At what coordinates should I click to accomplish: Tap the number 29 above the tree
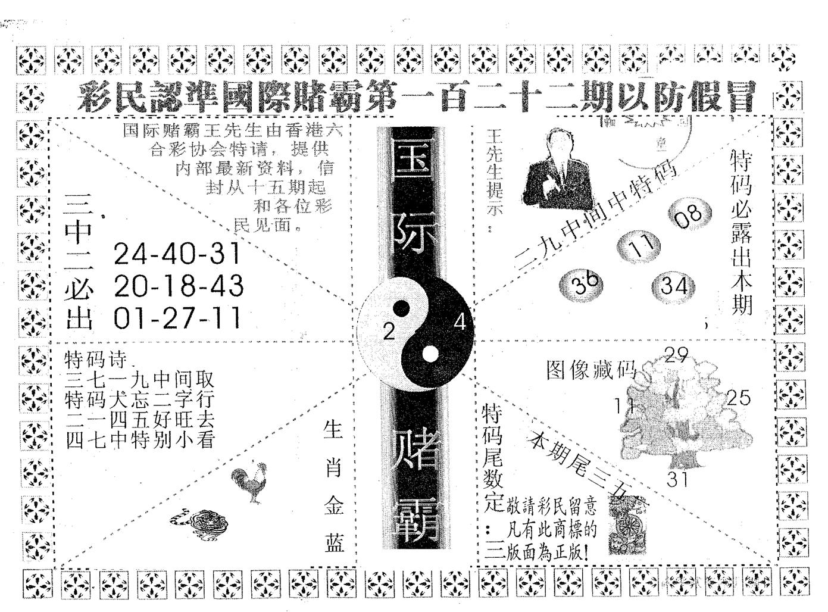pyautogui.click(x=676, y=355)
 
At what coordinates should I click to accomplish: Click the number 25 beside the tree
pyautogui.click(x=739, y=398)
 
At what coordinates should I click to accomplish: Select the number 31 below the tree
pyautogui.click(x=677, y=479)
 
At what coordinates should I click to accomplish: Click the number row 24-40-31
pyautogui.click(x=177, y=254)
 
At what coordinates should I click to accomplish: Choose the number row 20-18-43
pyautogui.click(x=178, y=286)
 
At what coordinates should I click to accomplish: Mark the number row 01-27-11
pyautogui.click(x=177, y=318)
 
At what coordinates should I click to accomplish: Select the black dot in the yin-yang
pyautogui.click(x=402, y=308)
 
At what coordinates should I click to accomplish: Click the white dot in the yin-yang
pyautogui.click(x=429, y=355)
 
